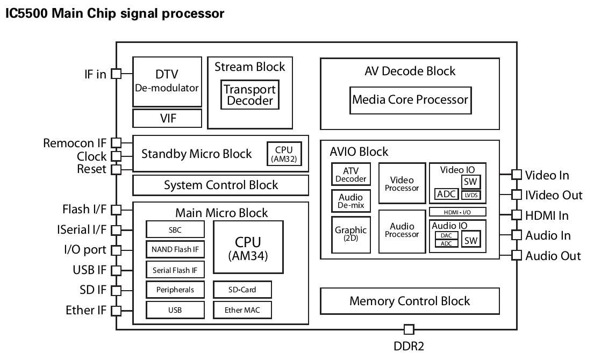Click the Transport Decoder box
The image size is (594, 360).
[249, 95]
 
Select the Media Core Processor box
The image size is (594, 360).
[410, 99]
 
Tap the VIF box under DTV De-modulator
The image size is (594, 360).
[167, 118]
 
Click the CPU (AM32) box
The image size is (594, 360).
[285, 154]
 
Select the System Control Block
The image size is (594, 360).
[220, 185]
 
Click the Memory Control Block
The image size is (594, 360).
[410, 301]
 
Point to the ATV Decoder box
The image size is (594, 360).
[351, 174]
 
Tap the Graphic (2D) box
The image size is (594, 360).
[351, 234]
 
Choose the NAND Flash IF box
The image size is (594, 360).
[175, 249]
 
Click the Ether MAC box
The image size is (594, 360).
[242, 310]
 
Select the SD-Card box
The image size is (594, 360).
[242, 290]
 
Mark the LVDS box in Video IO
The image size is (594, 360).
[471, 195]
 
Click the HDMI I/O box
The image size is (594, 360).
[457, 212]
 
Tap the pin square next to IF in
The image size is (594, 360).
[116, 74]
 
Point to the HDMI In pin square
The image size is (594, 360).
[517, 215]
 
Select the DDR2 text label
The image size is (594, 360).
[409, 346]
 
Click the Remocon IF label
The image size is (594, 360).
[75, 143]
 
